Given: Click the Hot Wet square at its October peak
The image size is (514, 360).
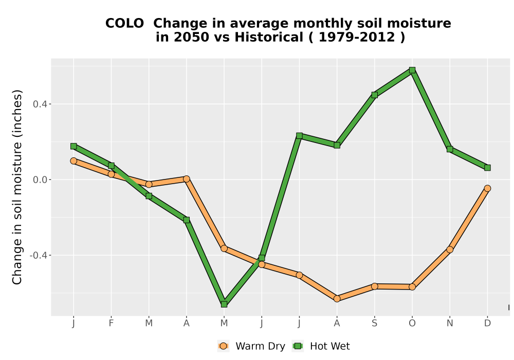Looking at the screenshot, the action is pyautogui.click(x=412, y=70).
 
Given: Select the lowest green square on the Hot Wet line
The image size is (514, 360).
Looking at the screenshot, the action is pyautogui.click(x=224, y=304).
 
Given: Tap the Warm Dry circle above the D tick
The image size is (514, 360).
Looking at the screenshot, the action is pyautogui.click(x=487, y=188).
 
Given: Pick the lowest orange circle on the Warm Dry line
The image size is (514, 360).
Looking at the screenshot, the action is pyautogui.click(x=337, y=299).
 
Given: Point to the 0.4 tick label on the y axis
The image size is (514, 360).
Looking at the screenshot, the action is pyautogui.click(x=40, y=104).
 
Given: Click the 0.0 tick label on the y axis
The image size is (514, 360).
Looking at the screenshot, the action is pyautogui.click(x=40, y=179).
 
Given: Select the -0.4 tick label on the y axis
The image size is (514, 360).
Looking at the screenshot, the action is pyautogui.click(x=38, y=255).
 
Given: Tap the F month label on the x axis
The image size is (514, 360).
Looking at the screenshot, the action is pyautogui.click(x=111, y=323).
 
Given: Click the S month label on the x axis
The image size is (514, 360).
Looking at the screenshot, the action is pyautogui.click(x=374, y=323).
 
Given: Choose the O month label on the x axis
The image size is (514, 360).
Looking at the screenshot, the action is pyautogui.click(x=412, y=323).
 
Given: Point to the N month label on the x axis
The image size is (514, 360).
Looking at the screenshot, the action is pyautogui.click(x=450, y=323).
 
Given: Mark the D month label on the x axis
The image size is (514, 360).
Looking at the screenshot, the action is pyautogui.click(x=487, y=323).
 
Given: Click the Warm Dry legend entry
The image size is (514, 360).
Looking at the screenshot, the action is pyautogui.click(x=251, y=346).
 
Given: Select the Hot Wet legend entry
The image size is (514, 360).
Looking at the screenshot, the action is pyautogui.click(x=321, y=346).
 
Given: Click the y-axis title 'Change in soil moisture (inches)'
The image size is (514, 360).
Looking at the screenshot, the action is pyautogui.click(x=17, y=187).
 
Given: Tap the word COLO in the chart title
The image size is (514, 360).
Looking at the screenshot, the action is pyautogui.click(x=124, y=24).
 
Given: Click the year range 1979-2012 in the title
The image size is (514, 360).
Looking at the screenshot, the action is pyautogui.click(x=357, y=38).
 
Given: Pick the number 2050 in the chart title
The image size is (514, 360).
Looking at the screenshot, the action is pyautogui.click(x=191, y=38).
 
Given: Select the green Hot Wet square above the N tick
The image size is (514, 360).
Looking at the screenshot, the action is pyautogui.click(x=450, y=149).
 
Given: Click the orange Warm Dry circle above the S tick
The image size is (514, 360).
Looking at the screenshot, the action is pyautogui.click(x=374, y=286).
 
